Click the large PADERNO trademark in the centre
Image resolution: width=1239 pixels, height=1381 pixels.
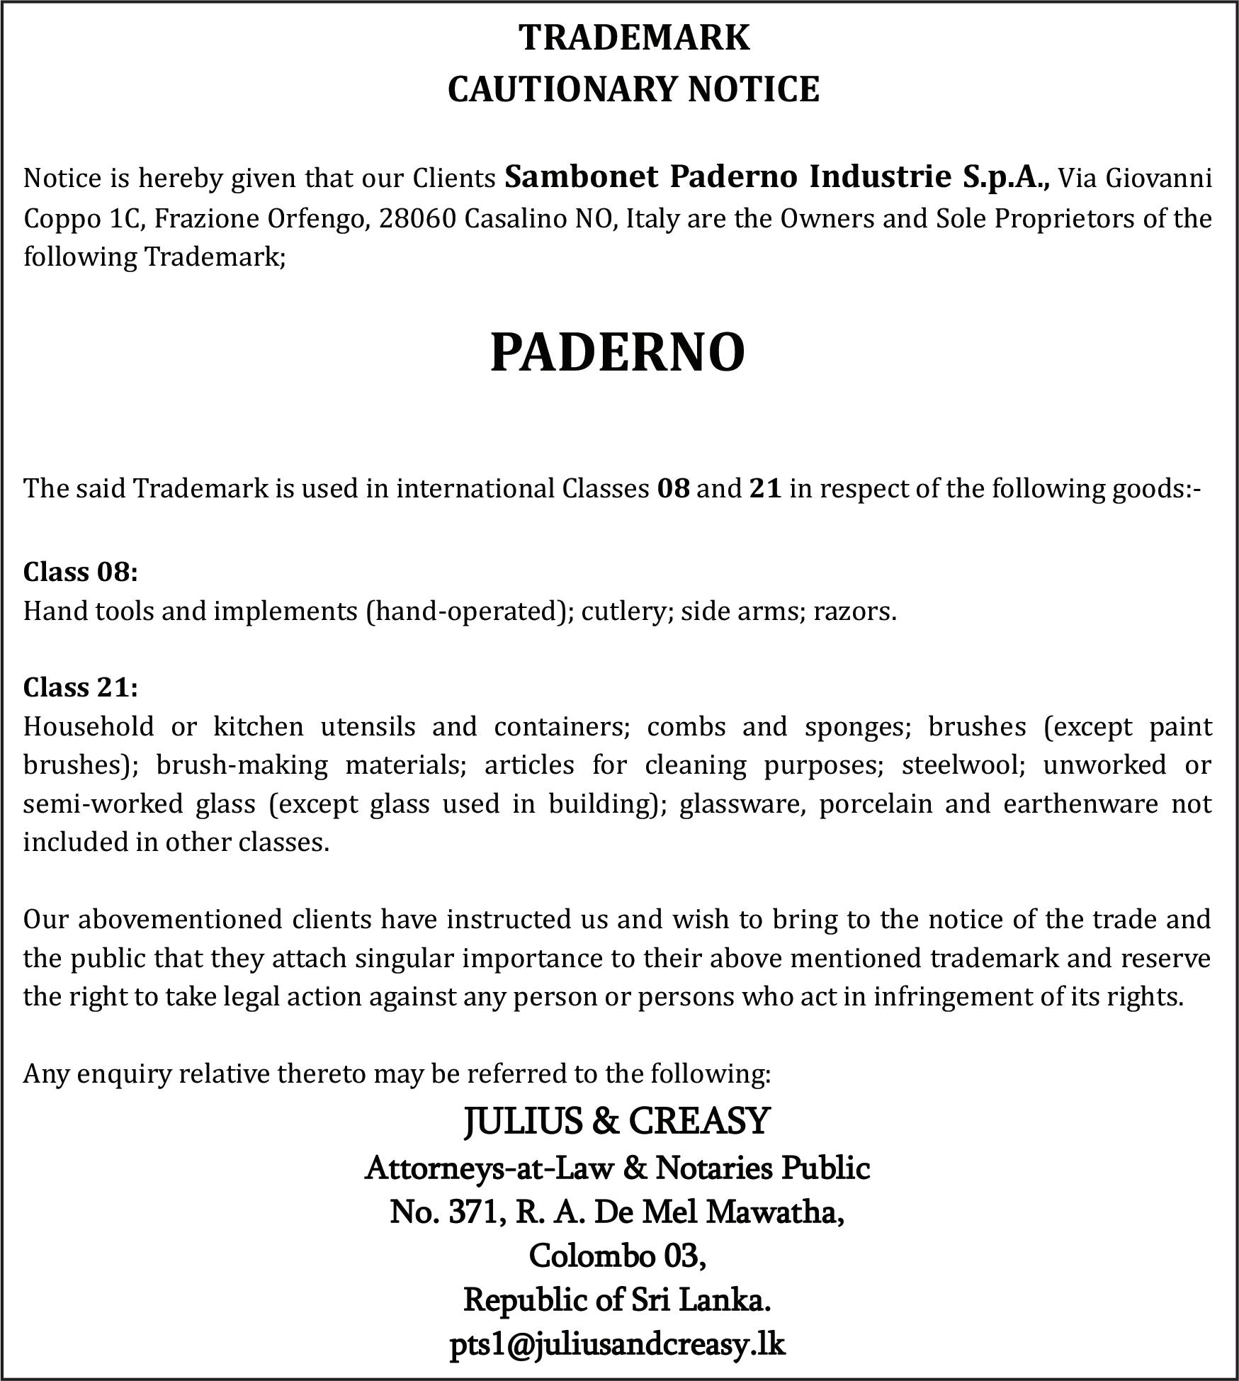[617, 353]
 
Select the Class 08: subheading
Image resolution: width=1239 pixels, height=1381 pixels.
[80, 571]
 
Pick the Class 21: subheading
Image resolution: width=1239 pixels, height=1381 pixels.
[80, 687]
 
